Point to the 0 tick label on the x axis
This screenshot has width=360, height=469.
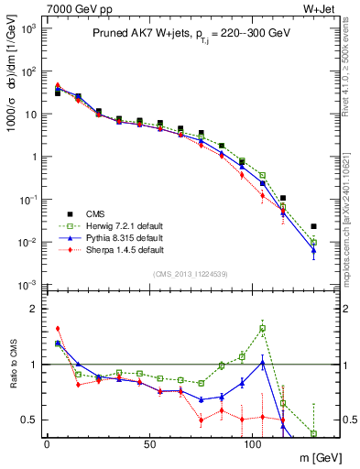point(46,444)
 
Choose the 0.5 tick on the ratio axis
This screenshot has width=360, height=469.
point(30,420)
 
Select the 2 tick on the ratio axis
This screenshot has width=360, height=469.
point(35,309)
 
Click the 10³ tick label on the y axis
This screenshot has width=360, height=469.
point(27,28)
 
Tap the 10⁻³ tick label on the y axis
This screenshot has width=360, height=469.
point(27,285)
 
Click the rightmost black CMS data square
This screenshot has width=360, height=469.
point(313,226)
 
